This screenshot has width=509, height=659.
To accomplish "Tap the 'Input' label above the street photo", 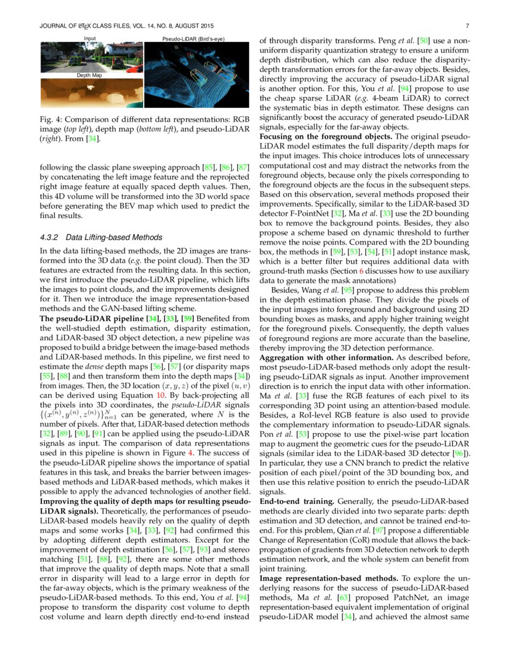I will pos(90,38).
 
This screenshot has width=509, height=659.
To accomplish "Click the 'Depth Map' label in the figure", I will pos(89,75).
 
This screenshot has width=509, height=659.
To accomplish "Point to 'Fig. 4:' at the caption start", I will pos(51,119).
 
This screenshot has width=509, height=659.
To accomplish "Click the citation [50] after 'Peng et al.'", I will pos(422,41).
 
